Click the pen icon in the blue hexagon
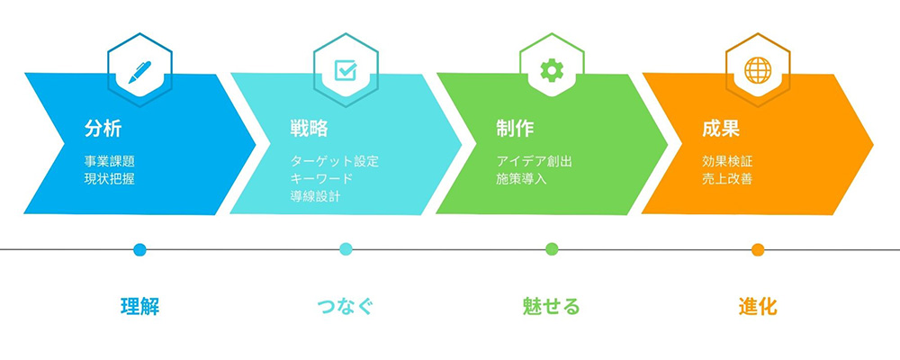point(139,72)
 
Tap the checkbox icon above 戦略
point(346,70)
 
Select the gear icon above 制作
point(552,70)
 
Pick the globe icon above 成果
point(758,70)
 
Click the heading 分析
point(103,129)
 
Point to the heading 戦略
point(309,129)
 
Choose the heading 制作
point(515,129)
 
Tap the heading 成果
point(721,129)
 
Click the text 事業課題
point(109,161)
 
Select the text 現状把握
point(109,179)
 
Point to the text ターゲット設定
point(335,161)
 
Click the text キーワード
point(321,179)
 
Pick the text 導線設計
point(315,197)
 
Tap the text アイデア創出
point(535,161)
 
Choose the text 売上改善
point(727,179)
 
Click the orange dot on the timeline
point(758,250)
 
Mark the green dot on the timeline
point(552,249)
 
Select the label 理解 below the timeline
point(139,307)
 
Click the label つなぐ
point(346,307)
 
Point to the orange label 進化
point(758,307)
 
